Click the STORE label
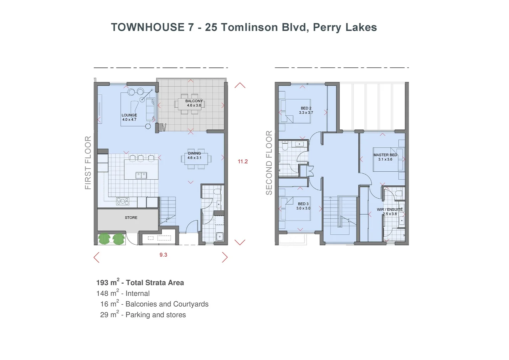point(131,218)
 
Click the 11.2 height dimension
point(243,162)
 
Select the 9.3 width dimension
point(163,255)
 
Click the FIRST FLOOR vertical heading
point(88,163)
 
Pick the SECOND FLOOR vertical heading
point(269,163)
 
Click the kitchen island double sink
point(141,175)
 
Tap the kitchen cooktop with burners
point(123,201)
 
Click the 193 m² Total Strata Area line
point(140,283)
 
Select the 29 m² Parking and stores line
point(143,315)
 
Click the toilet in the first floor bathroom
point(217,193)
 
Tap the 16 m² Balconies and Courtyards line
point(154,304)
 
